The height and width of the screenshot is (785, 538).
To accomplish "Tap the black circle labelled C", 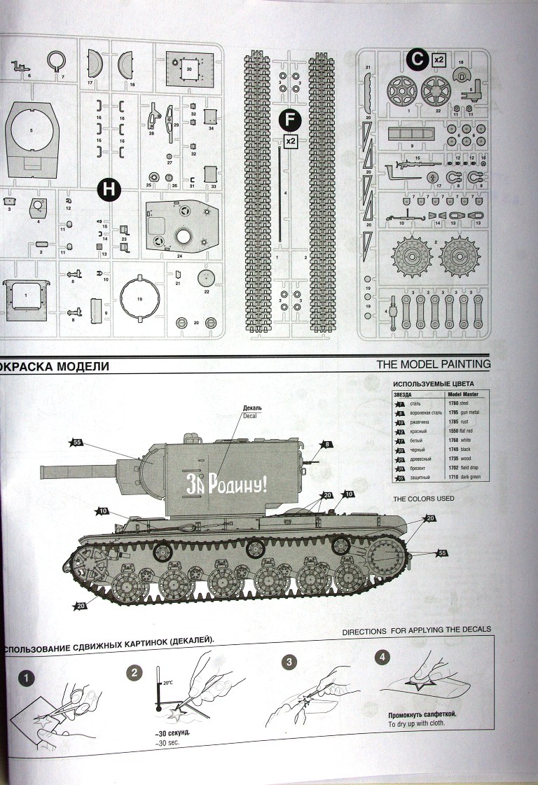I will point(415,60).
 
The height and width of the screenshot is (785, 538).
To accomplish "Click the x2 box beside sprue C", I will point(439,60).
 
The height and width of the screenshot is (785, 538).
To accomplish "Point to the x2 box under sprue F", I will point(291,141).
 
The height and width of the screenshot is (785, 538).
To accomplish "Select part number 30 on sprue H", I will point(189,70).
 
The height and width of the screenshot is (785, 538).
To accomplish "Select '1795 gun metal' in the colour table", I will point(465,412).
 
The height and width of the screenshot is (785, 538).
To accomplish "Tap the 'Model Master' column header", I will point(466,394).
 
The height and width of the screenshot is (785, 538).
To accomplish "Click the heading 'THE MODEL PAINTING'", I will point(433,364).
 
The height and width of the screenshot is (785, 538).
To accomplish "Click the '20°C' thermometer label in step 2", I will point(166,682).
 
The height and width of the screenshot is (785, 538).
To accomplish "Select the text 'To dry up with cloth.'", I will point(415,725).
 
